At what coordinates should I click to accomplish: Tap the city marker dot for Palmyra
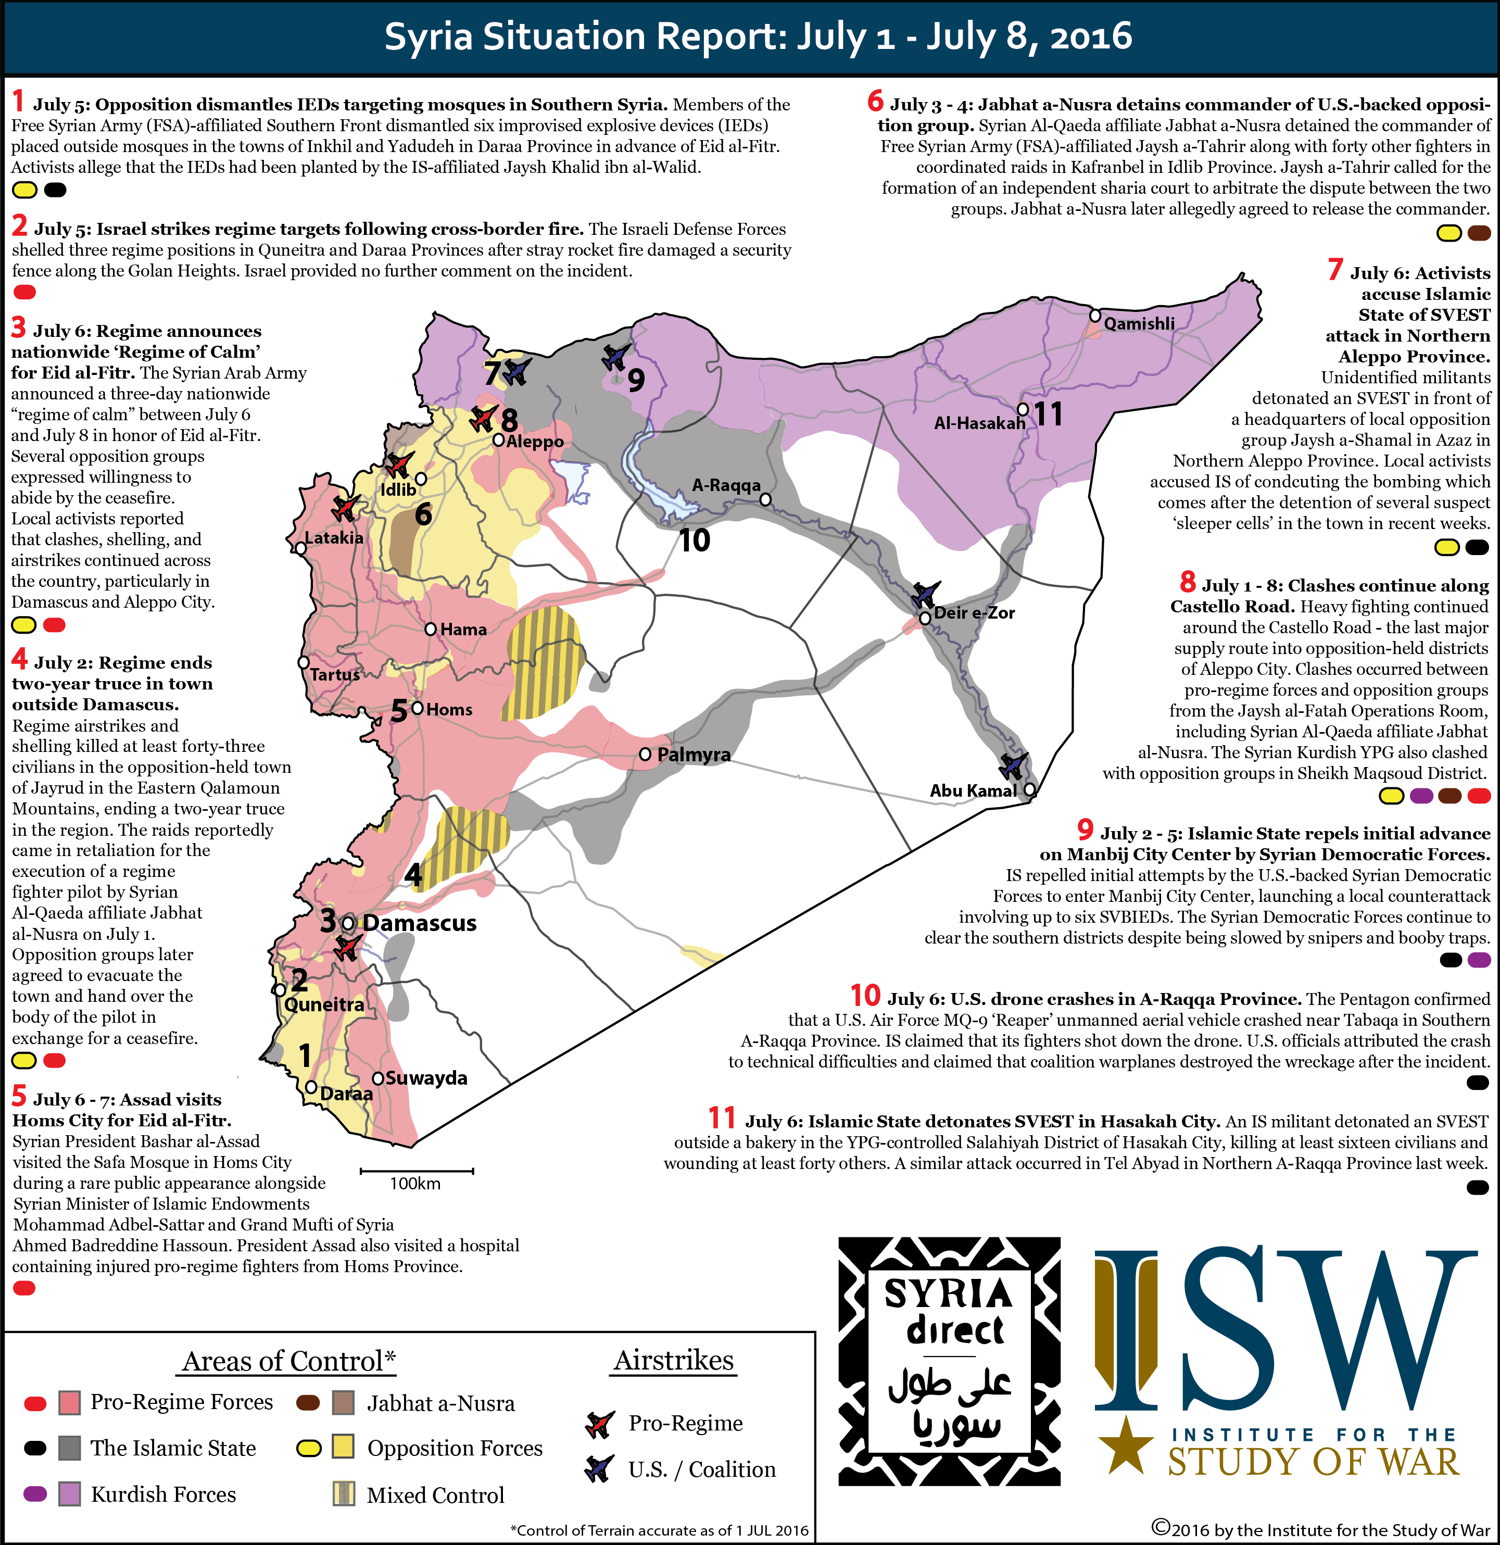(x=645, y=755)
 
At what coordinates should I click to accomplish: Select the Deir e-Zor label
(x=974, y=612)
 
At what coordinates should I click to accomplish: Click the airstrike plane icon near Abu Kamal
(x=1013, y=764)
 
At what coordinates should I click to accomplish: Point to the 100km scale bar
(x=416, y=1171)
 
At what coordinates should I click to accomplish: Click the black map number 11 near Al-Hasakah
(x=1049, y=414)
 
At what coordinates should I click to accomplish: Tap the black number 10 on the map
(x=695, y=541)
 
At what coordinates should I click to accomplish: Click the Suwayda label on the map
(x=426, y=1077)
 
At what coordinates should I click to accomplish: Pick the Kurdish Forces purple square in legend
(x=70, y=1494)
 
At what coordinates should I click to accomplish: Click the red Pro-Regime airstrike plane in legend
(x=600, y=1424)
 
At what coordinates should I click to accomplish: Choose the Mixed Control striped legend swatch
(x=343, y=1494)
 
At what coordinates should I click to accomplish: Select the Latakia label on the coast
(x=334, y=537)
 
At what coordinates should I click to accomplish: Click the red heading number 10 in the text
(x=865, y=996)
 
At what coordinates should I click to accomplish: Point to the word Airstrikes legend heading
(x=673, y=1361)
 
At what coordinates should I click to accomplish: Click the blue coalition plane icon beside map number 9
(x=615, y=356)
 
